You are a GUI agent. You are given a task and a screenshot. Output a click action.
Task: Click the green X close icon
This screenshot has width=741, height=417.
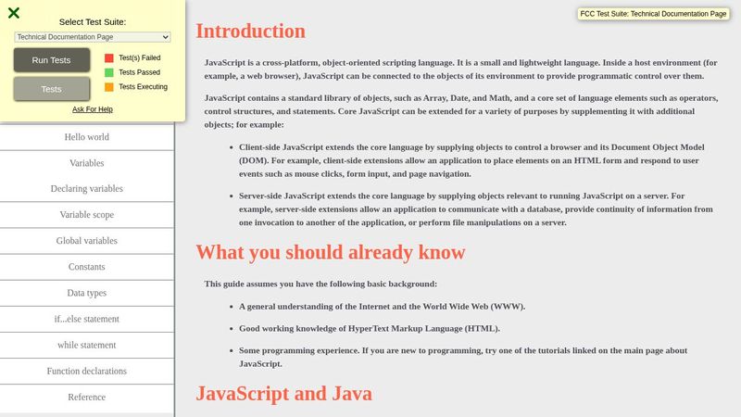tap(14, 13)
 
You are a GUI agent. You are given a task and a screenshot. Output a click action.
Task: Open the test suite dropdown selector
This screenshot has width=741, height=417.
tap(93, 37)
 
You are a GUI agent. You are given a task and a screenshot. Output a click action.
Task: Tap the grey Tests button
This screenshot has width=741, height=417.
tap(52, 89)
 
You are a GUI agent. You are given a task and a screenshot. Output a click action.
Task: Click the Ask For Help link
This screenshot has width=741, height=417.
tap(93, 109)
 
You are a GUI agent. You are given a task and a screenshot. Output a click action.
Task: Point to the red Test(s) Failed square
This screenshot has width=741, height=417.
tap(109, 57)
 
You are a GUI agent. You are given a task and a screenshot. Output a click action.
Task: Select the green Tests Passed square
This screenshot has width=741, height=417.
tap(109, 72)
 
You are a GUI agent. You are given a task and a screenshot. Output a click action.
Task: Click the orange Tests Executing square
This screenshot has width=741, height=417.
tap(109, 87)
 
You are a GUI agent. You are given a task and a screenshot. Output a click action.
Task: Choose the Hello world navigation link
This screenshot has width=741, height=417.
tap(87, 137)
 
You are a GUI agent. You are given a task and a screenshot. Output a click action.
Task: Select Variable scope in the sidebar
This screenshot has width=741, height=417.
tap(87, 215)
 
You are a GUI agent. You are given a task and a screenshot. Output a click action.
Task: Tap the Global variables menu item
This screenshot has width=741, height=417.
tap(87, 241)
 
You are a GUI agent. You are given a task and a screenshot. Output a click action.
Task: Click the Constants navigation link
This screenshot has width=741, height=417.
tap(87, 267)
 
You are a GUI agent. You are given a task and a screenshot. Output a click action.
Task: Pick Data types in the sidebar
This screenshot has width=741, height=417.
tap(87, 293)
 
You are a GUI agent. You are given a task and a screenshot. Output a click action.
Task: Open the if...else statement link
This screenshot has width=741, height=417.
tap(87, 319)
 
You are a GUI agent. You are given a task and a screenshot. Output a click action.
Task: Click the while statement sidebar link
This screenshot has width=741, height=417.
tap(87, 345)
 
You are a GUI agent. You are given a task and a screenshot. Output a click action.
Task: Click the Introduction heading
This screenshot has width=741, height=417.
tap(250, 31)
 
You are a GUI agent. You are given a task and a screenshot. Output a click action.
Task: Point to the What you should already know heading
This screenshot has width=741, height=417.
tap(330, 252)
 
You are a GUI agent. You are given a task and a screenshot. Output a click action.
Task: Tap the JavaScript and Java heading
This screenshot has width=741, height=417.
tap(283, 393)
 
